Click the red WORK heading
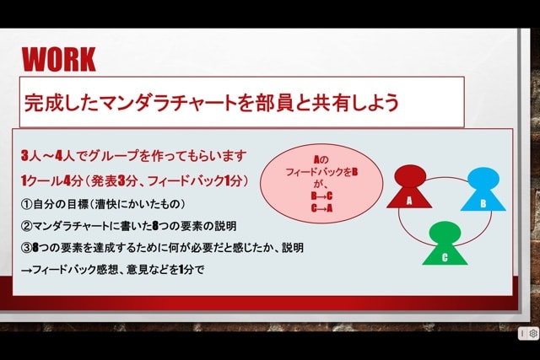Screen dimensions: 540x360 (x=58, y=60)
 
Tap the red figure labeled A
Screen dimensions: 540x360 (x=409, y=186)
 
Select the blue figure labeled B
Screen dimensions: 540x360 (x=483, y=189)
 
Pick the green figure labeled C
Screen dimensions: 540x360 (x=445, y=243)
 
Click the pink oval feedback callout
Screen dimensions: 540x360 (x=321, y=184)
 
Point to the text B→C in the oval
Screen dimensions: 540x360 (x=321, y=196)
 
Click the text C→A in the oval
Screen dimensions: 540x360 (x=321, y=208)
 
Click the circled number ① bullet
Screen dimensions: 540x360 (x=26, y=204)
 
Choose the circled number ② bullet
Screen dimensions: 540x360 (x=26, y=226)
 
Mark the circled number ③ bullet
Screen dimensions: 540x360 (x=26, y=248)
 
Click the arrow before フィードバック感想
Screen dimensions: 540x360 (x=26, y=270)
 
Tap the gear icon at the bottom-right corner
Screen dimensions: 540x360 (x=533, y=333)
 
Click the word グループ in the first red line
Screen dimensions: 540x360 (x=113, y=156)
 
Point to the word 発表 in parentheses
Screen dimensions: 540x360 (x=104, y=180)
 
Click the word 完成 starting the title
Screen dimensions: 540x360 (x=42, y=103)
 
